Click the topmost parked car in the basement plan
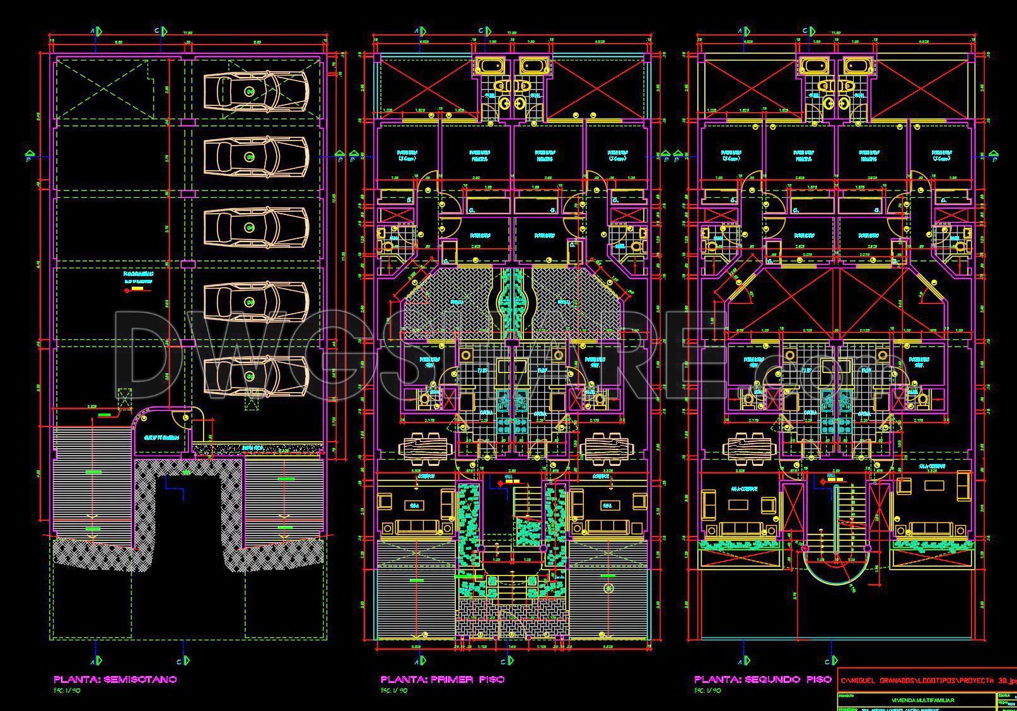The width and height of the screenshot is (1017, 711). point(255,91)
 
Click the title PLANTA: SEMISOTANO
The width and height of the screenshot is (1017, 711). point(115,679)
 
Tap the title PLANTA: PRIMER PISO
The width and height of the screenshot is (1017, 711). point(443,679)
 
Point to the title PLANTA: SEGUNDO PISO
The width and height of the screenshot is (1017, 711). point(763,679)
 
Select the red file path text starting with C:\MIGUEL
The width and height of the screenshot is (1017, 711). point(927,681)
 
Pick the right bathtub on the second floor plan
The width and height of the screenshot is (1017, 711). point(858,66)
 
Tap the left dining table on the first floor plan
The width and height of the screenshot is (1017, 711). point(426,448)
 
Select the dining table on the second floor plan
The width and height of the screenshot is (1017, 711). point(748,448)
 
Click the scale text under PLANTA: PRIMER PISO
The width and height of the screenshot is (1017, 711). point(394,691)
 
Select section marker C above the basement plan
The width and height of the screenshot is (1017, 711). point(163,30)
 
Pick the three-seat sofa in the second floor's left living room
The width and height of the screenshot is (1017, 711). point(740,528)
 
